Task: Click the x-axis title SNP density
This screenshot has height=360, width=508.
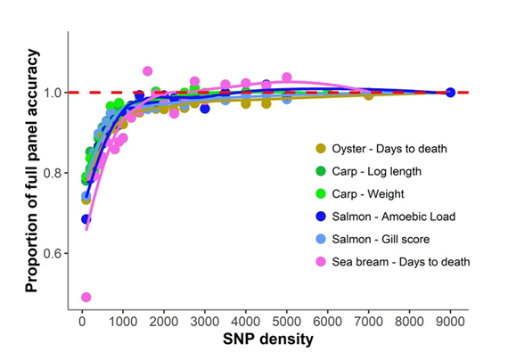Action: (x=267, y=340)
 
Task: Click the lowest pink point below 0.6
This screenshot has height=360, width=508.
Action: (x=85, y=297)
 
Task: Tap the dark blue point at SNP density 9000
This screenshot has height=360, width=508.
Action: (x=450, y=93)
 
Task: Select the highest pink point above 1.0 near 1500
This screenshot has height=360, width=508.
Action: (x=147, y=71)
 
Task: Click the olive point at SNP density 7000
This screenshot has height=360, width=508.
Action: (x=368, y=94)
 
